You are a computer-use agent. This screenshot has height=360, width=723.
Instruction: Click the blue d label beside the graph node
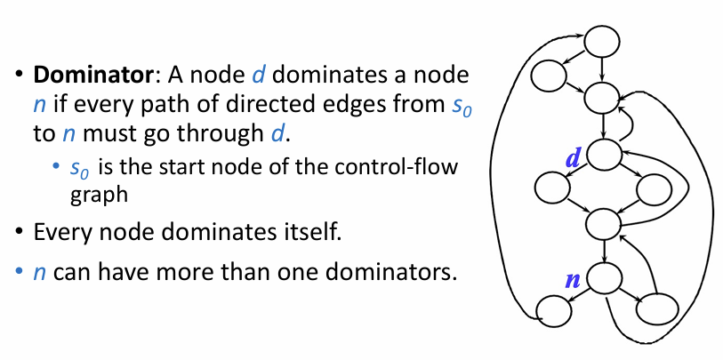point(573,158)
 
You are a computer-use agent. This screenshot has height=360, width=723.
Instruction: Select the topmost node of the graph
point(602,39)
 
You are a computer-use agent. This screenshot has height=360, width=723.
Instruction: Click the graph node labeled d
point(603,154)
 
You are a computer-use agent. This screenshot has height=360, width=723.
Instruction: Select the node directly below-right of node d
point(655,187)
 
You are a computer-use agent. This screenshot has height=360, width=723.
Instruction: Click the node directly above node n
point(604,221)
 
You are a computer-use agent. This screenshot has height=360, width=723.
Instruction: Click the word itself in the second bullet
point(313,233)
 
